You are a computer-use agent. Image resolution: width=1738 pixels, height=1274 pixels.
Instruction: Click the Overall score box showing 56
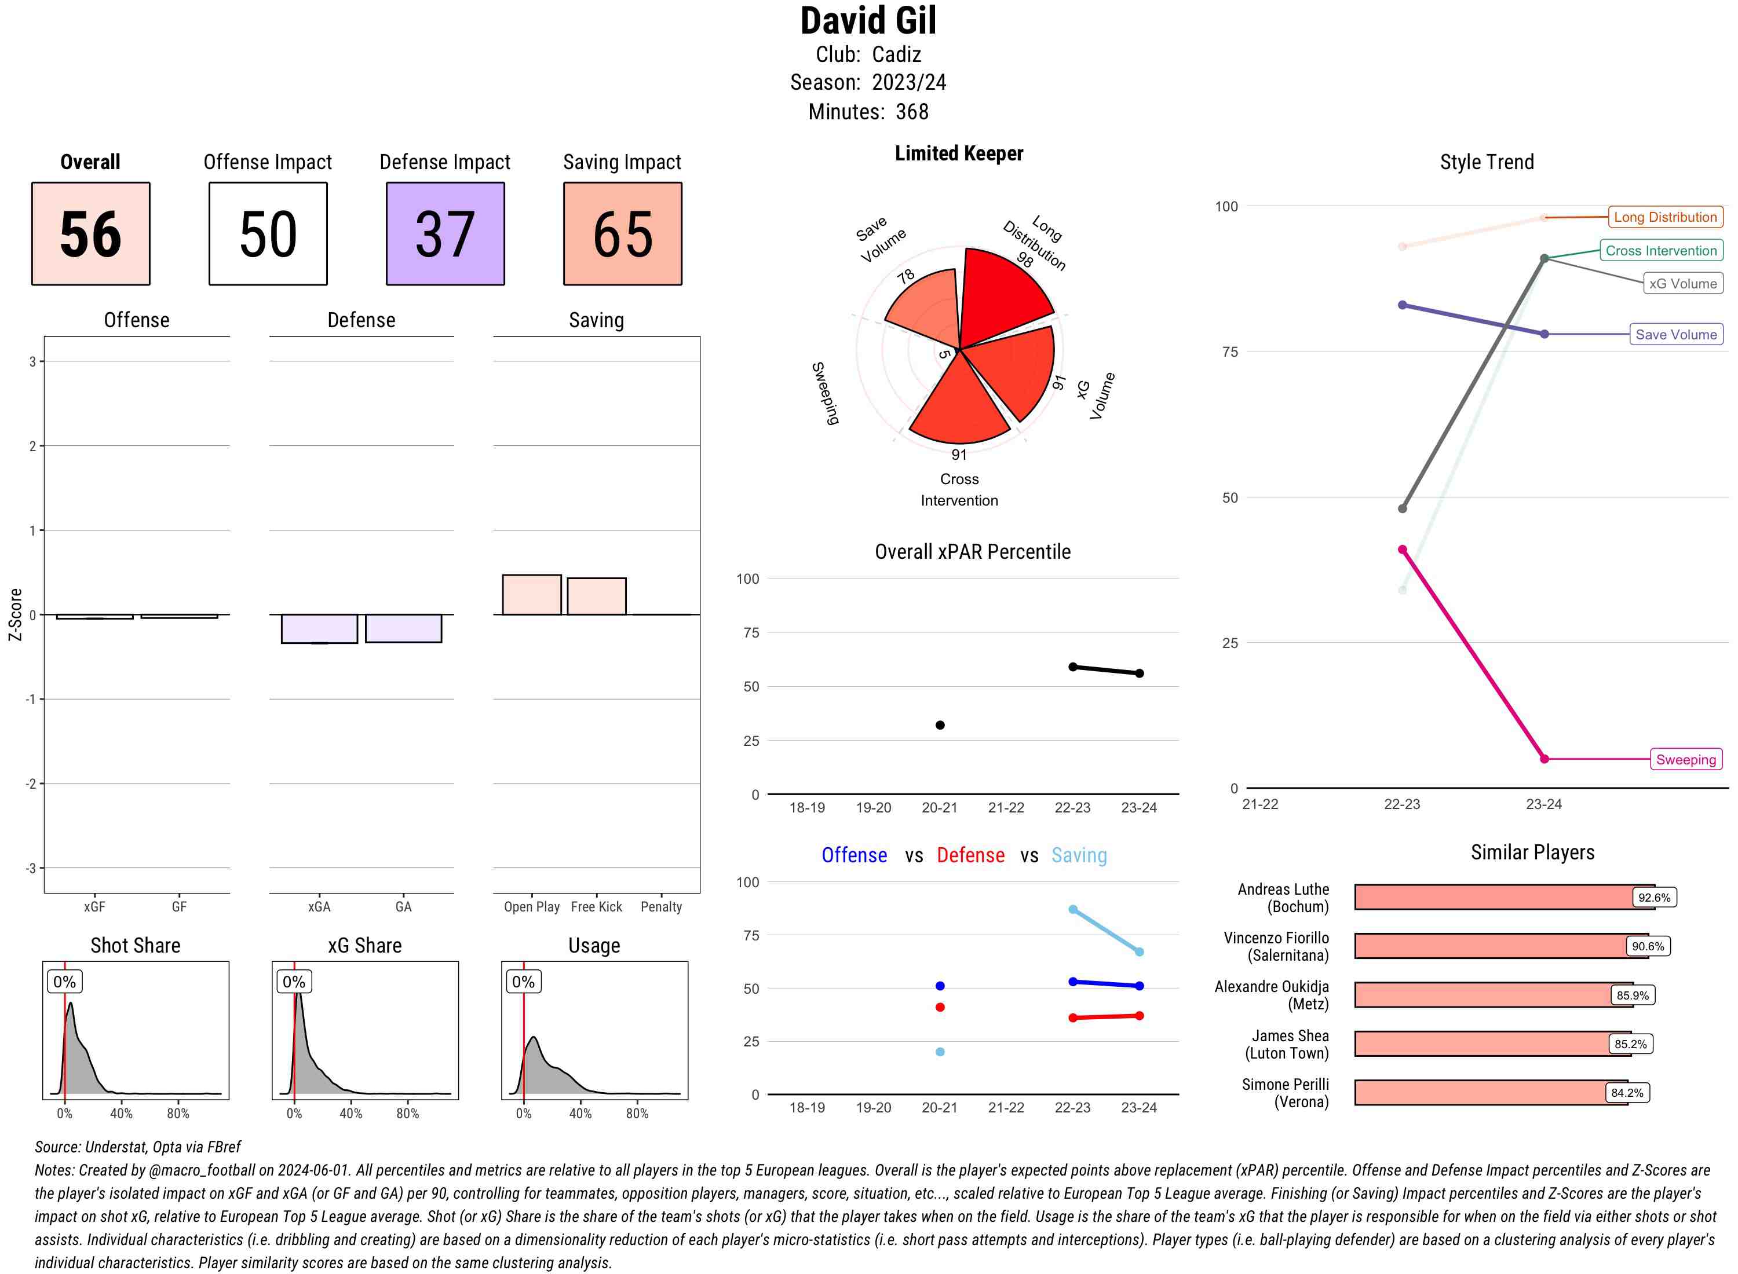(x=90, y=234)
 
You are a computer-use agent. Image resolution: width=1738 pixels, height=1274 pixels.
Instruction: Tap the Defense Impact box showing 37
(x=445, y=234)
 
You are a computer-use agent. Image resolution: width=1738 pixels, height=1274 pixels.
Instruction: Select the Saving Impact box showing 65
(x=623, y=234)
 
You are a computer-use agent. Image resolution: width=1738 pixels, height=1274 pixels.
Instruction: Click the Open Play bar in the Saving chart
(x=531, y=595)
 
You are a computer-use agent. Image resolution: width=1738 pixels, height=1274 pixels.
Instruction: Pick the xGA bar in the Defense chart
(x=319, y=628)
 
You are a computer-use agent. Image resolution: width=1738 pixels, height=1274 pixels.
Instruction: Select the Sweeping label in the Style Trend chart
(x=1685, y=760)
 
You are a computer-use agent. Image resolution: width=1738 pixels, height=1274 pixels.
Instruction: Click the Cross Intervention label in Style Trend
(x=1661, y=251)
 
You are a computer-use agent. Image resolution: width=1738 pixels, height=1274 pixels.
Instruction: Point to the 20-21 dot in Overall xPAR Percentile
(x=940, y=725)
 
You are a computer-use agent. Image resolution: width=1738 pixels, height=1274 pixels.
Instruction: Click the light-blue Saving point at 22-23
(x=1072, y=909)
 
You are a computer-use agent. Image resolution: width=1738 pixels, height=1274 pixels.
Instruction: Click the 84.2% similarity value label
(x=1627, y=1093)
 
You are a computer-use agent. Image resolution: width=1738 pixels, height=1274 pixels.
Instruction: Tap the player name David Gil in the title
(x=868, y=21)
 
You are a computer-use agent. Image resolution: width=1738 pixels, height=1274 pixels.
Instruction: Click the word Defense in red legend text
(x=970, y=855)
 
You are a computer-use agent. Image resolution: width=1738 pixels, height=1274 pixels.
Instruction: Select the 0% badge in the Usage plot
(x=523, y=982)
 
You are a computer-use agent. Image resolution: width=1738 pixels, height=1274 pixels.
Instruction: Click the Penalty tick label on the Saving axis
(x=661, y=907)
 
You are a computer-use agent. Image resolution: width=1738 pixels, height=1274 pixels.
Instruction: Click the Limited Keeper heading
(x=959, y=153)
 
